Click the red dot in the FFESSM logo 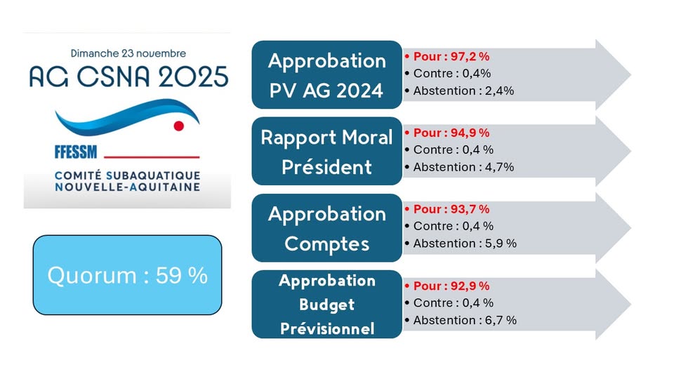(178, 126)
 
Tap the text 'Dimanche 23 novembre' (128, 53)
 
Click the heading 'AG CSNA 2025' (128, 76)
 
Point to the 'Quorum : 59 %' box (127, 275)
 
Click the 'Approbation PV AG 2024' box (326, 75)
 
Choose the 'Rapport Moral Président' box (326, 152)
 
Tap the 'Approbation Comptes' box (326, 228)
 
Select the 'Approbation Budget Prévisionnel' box (326, 305)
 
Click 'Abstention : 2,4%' (463, 90)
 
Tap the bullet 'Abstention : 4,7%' (463, 167)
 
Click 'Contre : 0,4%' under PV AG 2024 (451, 73)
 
